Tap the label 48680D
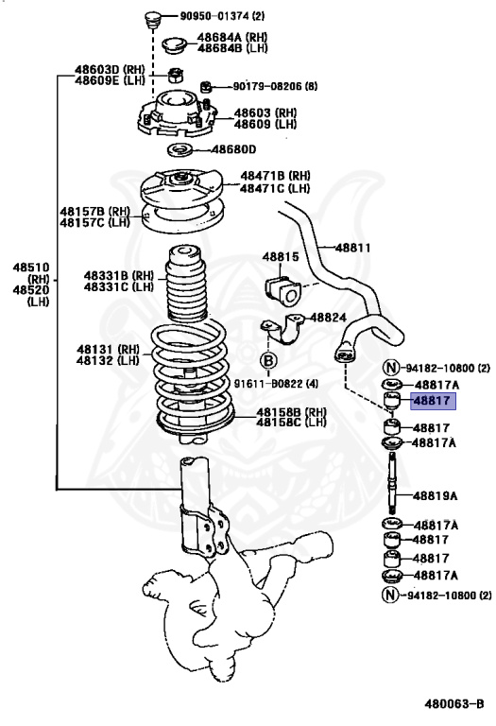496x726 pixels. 233,149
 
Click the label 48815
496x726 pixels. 281,256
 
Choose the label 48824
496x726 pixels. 329,318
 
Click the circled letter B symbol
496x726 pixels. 268,360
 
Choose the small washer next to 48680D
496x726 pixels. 184,150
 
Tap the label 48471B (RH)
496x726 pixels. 275,176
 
